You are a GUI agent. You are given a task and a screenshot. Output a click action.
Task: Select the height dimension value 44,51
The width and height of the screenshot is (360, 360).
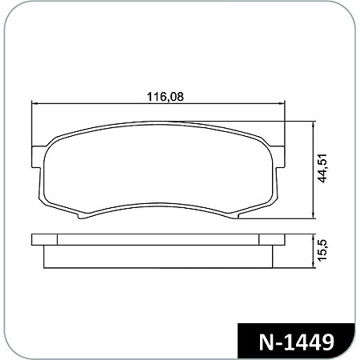(x=323, y=169)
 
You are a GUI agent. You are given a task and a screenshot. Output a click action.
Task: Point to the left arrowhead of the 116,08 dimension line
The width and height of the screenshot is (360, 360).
(x=34, y=103)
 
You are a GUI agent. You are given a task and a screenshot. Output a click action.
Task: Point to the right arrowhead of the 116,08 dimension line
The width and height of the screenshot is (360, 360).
(x=284, y=103)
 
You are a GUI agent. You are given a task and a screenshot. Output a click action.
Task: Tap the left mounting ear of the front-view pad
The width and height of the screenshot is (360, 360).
(x=36, y=157)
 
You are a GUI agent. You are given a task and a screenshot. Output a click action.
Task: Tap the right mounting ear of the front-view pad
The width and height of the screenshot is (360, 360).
(x=282, y=157)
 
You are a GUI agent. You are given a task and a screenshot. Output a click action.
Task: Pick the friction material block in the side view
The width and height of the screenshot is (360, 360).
(x=158, y=256)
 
